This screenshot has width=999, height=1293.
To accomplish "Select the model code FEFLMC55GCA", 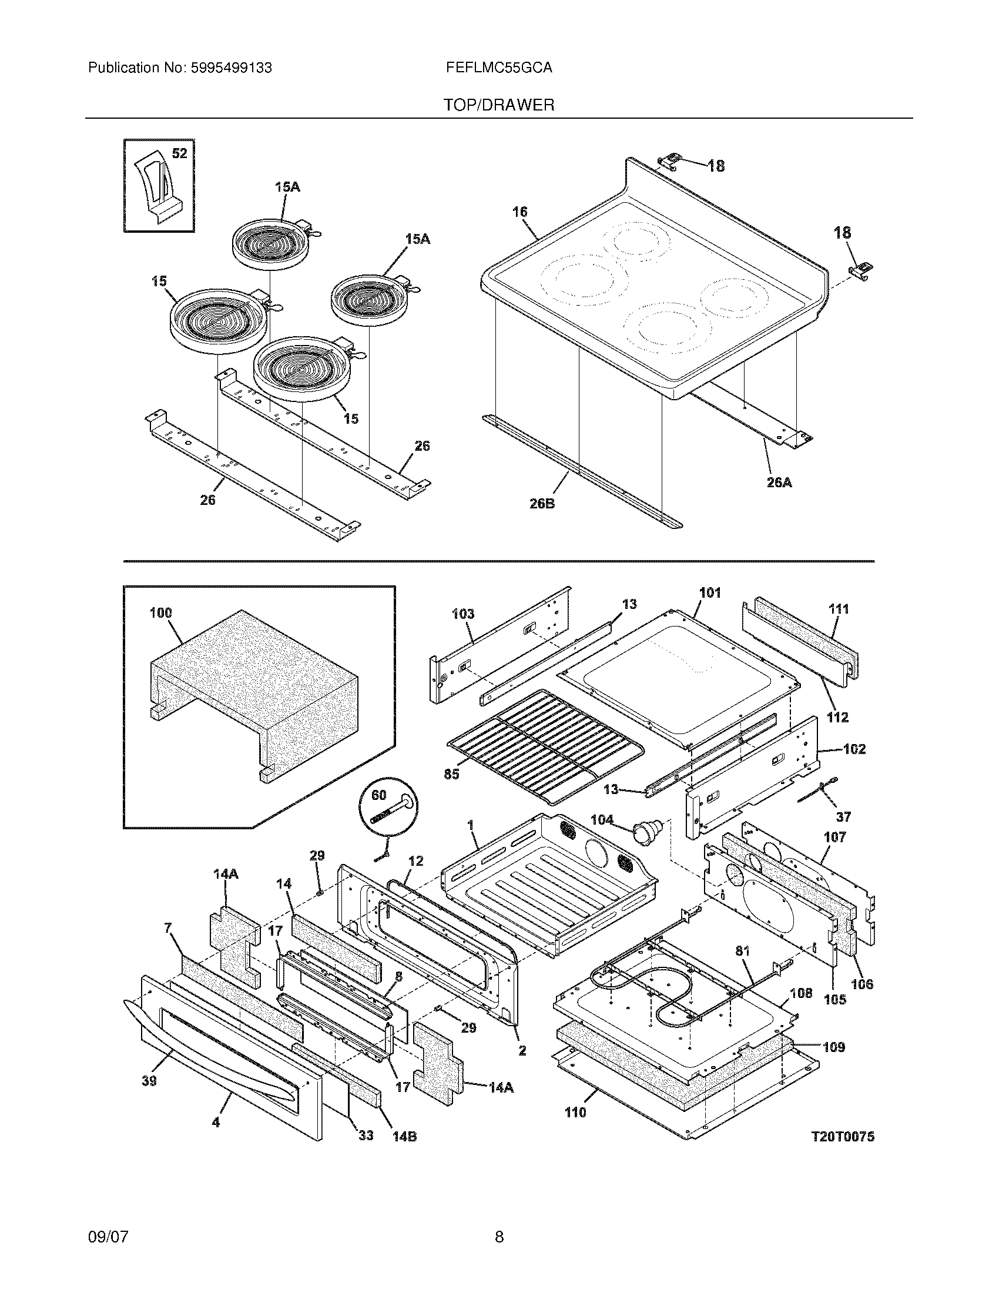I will click(499, 68).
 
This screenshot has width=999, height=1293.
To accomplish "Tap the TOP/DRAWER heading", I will click(499, 105).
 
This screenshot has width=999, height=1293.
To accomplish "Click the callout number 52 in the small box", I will click(179, 153).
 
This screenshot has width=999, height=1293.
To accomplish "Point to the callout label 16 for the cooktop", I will click(519, 212).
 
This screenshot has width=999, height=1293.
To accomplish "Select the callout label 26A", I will click(779, 483).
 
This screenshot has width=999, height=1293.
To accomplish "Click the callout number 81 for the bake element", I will click(742, 951).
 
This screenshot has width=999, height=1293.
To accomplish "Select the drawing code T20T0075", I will click(842, 1136).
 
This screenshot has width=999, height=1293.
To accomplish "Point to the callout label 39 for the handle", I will click(149, 1081).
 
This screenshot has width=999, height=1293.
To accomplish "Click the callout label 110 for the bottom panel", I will click(575, 1113).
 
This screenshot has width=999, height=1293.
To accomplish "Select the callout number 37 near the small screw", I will click(843, 816).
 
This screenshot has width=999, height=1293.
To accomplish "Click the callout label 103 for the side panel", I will click(463, 614).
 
